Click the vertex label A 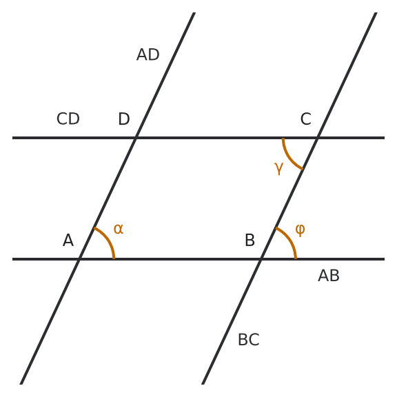tap(68, 240)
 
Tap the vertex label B tap(250, 240)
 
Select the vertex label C tap(306, 119)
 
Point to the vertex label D tap(124, 119)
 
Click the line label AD tap(148, 54)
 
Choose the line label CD tap(68, 119)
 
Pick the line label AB tap(329, 276)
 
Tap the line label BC tap(249, 340)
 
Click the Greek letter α tap(119, 229)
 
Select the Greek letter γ tap(278, 168)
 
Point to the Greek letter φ tap(300, 230)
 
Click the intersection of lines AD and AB tap(79, 259)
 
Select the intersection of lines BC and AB tap(261, 259)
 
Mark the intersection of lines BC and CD tap(318, 138)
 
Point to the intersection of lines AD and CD tap(136, 138)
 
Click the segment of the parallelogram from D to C tap(227, 138)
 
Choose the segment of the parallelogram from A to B tap(170, 259)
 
